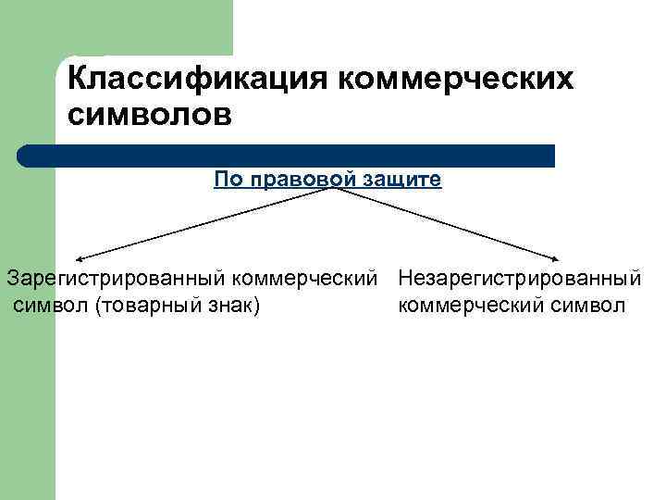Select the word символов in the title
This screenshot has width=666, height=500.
pos(146,116)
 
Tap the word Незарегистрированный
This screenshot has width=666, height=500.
pos(521,278)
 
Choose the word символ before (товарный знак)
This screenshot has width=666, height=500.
pos(50,306)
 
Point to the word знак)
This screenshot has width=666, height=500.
pos(235,306)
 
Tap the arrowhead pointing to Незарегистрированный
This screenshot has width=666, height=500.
pos(559,260)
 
